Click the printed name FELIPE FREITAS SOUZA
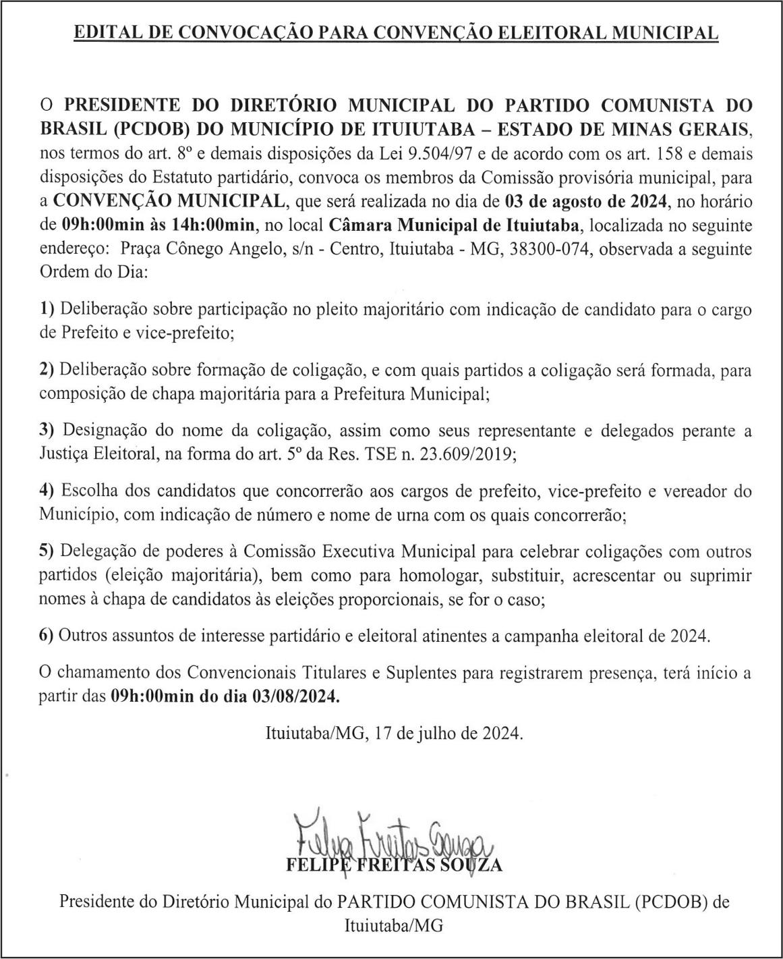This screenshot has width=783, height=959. click(x=395, y=865)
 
